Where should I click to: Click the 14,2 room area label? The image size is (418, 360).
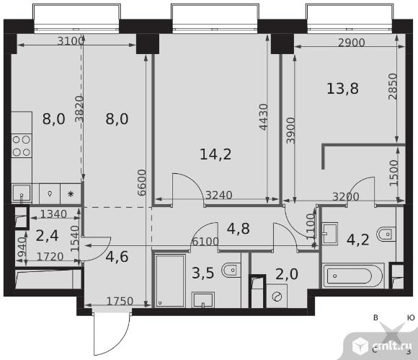point(215,154)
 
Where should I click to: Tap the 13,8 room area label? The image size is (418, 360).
point(342,88)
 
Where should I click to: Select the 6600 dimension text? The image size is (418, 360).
point(142,183)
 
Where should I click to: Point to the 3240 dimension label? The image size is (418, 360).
point(219,196)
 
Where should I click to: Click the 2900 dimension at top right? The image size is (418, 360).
point(352,43)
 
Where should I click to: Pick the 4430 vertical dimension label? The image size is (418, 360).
point(263,117)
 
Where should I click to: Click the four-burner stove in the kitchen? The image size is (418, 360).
point(22,146)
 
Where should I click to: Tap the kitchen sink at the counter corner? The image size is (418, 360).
point(22,193)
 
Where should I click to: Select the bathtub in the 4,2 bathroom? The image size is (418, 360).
point(353,276)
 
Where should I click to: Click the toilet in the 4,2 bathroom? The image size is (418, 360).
point(386,234)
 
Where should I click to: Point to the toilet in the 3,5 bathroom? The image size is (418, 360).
point(231,271)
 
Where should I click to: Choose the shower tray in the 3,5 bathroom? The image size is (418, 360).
point(170,281)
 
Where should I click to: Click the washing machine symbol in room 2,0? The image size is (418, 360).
point(277,296)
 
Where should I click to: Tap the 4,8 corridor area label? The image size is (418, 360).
point(239,229)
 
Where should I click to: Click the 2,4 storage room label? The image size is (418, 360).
point(47,236)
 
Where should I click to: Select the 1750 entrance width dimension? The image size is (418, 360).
point(120,302)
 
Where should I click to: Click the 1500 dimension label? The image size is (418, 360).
point(393,172)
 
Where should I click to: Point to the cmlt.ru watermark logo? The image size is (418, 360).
point(382,346)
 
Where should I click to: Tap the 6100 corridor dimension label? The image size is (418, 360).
point(205,242)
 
